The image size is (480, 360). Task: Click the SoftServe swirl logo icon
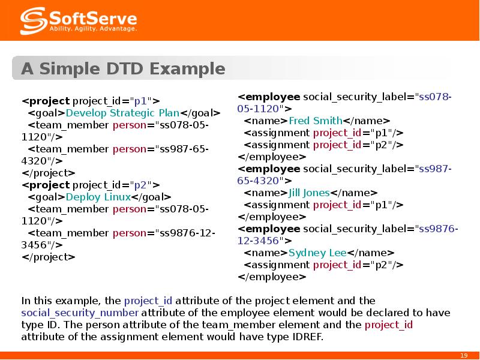(x=34, y=21)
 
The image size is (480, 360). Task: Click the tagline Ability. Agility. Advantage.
(x=93, y=29)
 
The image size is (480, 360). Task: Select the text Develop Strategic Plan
(x=122, y=113)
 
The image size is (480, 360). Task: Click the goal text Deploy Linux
(x=98, y=197)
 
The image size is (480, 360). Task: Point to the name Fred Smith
(x=316, y=121)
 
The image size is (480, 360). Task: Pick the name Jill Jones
(x=309, y=193)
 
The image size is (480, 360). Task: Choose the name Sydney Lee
(x=317, y=253)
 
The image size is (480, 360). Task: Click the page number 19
(x=464, y=355)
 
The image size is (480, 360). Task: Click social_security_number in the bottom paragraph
(x=80, y=313)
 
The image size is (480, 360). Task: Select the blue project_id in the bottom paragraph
(x=148, y=301)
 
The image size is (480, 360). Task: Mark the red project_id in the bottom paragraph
(x=389, y=325)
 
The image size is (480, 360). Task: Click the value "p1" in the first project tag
(x=141, y=101)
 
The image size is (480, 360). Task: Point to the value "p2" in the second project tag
(x=141, y=185)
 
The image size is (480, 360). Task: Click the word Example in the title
(x=187, y=69)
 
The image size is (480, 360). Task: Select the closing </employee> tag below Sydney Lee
(x=272, y=277)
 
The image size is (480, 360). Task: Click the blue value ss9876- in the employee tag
(x=439, y=229)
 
